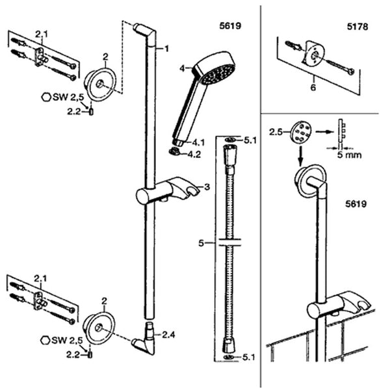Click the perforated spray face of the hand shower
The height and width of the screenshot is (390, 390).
tap(218, 74)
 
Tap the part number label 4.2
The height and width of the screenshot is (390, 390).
tap(194, 155)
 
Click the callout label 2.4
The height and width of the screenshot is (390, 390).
tap(168, 335)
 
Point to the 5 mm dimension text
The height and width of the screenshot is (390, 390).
tap(349, 155)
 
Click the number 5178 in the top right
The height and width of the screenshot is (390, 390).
tap(357, 27)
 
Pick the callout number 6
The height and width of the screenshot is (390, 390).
tap(313, 87)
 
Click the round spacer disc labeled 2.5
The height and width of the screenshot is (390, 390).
tap(302, 132)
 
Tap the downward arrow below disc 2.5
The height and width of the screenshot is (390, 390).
tap(301, 156)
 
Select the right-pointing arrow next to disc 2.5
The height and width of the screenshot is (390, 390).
tap(325, 132)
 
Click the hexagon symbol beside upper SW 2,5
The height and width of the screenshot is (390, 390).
tap(46, 97)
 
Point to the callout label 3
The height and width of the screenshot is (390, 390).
tap(207, 187)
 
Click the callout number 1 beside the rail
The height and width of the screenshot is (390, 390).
tap(166, 49)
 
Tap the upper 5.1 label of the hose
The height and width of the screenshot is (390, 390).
tap(250, 140)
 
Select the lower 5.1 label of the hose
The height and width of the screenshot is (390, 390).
tap(249, 357)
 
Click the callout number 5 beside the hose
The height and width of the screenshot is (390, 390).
tap(201, 243)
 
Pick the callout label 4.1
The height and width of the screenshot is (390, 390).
tap(198, 142)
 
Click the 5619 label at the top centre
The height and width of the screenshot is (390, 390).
tap(230, 26)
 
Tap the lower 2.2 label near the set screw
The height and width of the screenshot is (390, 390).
tap(73, 355)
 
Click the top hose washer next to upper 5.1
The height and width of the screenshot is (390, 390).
tap(231, 140)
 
